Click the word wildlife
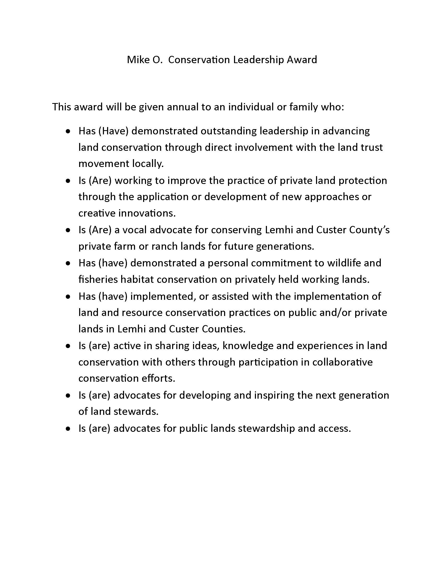pyautogui.click(x=344, y=263)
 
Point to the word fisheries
pyautogui.click(x=98, y=279)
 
